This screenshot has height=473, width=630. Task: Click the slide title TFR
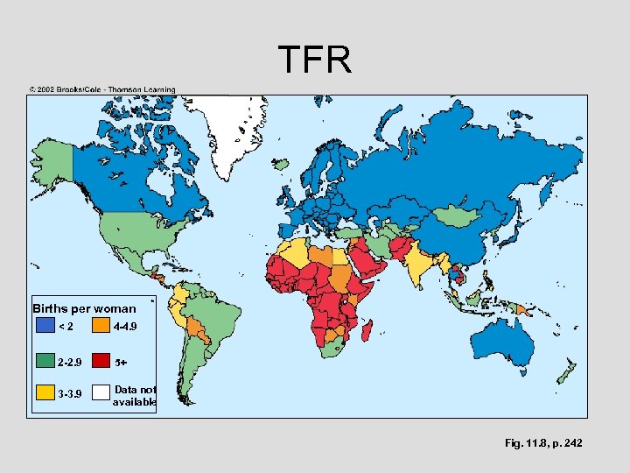pyautogui.click(x=315, y=60)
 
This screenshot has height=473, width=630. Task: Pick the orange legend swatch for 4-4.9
pyautogui.click(x=101, y=327)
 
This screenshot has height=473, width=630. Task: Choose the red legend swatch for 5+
pyautogui.click(x=101, y=361)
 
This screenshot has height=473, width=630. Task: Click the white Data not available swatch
pyautogui.click(x=101, y=393)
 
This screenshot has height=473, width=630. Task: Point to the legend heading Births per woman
pyautogui.click(x=84, y=308)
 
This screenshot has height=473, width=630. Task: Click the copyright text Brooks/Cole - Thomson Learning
pyautogui.click(x=102, y=89)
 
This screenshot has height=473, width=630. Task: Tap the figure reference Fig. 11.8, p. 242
pyautogui.click(x=542, y=444)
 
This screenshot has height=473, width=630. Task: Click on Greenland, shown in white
pyautogui.click(x=222, y=131)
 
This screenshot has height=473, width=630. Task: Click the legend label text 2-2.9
pyautogui.click(x=70, y=361)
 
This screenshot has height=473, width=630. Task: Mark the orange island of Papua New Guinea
pyautogui.click(x=524, y=308)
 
